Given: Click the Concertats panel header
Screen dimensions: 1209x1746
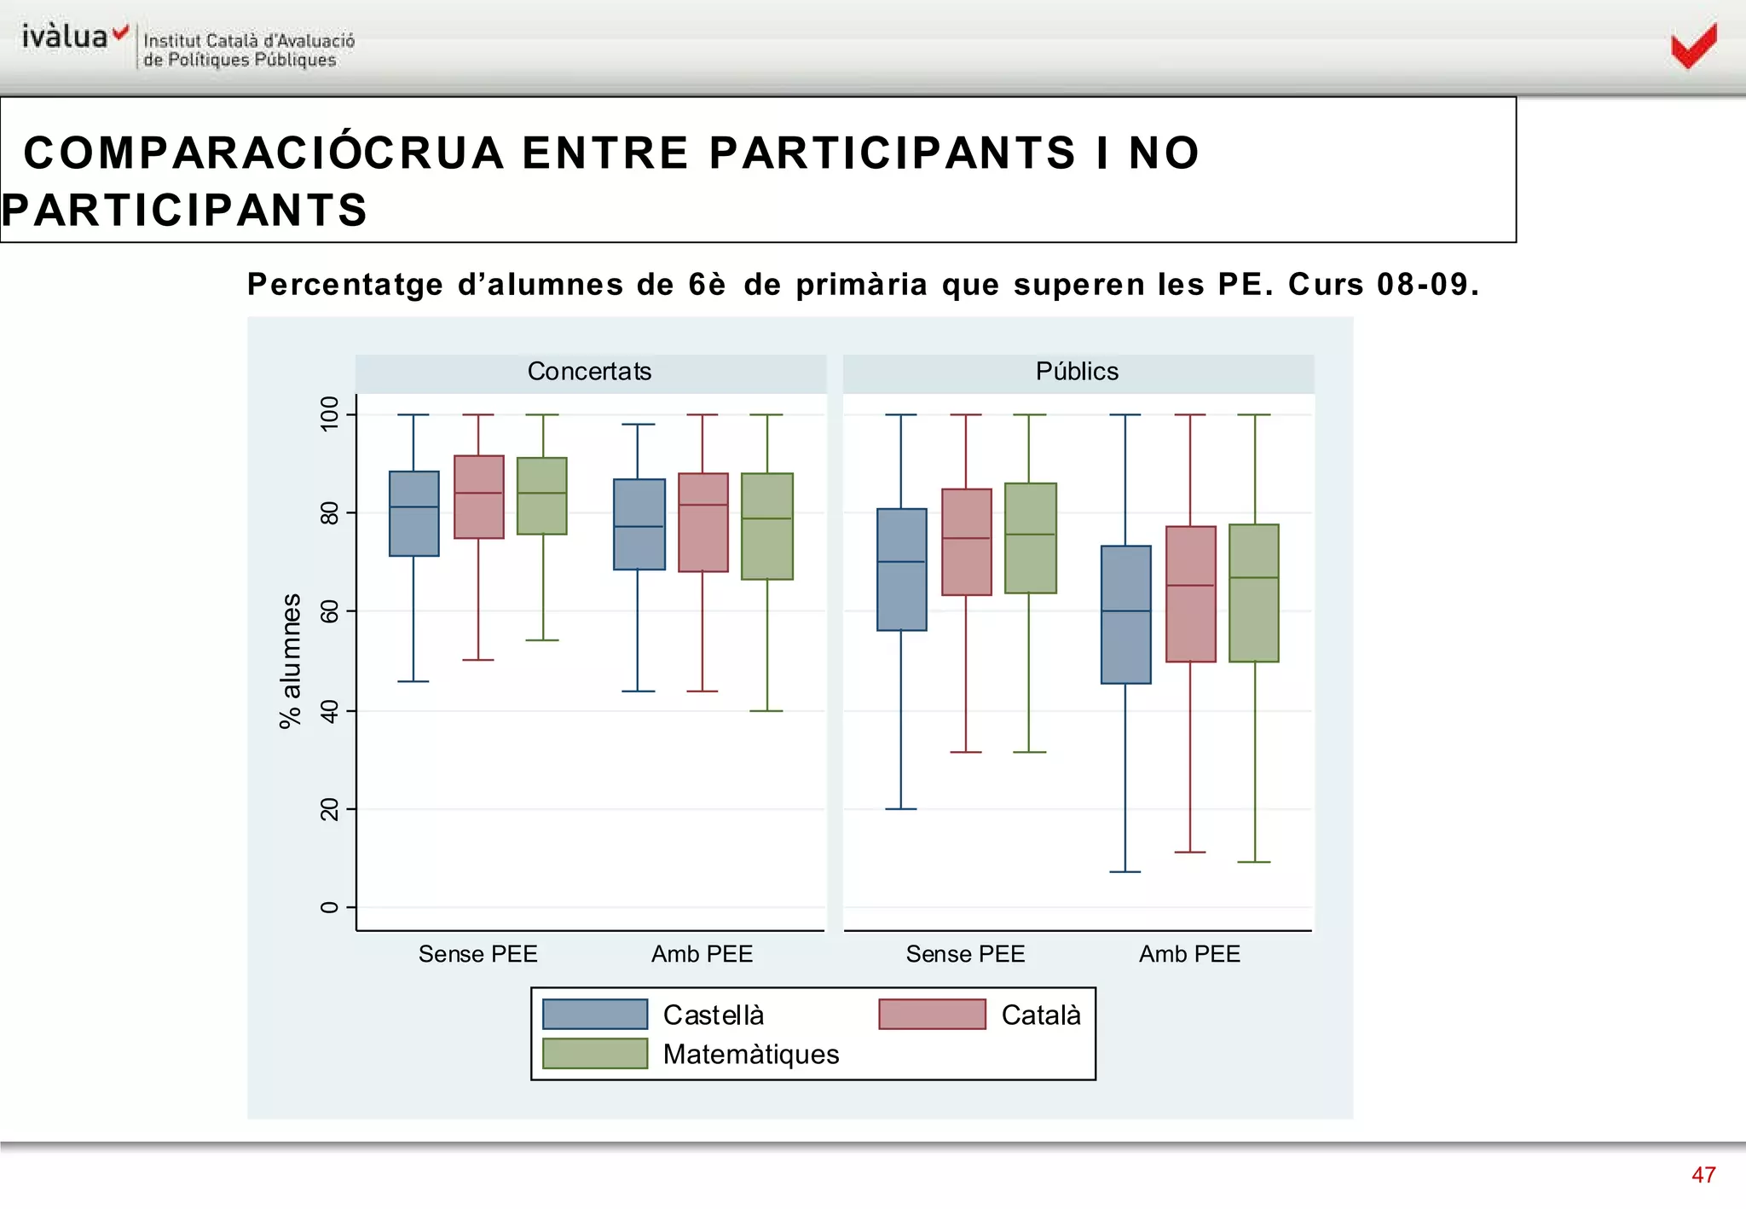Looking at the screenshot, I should coord(589,372).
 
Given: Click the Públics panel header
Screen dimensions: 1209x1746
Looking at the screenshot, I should coord(1077,372).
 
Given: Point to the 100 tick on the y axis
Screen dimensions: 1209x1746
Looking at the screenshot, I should coord(329,414).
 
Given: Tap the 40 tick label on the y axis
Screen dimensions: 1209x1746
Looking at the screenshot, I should coord(329,710).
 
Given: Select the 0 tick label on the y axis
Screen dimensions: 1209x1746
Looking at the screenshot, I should coord(329,907).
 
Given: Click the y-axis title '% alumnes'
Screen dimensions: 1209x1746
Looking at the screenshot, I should coord(291,661).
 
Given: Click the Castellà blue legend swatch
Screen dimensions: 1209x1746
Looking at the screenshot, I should coord(595,1015).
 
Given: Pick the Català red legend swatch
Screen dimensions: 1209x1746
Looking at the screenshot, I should coord(932,1015).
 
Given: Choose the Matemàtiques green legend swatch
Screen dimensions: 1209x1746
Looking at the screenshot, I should coord(595,1054).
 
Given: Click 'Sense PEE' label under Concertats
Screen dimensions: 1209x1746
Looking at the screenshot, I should coord(477,954).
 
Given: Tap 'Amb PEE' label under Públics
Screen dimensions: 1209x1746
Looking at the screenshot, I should coord(1189,954).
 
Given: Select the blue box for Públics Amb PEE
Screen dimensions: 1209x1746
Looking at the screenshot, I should coord(1125,614).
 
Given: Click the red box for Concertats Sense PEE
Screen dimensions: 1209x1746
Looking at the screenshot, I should coord(478,497).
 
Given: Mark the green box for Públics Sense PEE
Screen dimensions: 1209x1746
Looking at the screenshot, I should coord(1030,538).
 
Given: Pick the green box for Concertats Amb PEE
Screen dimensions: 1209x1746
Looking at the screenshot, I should coord(766,526).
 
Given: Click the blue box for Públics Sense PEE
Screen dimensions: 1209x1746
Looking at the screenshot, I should coord(901,570).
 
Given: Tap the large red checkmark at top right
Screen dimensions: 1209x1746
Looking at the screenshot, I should coord(1693,46).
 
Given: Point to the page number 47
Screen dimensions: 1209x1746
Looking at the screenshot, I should coord(1703,1175).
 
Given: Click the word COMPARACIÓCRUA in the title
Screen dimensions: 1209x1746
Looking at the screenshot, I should coord(264,153).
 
